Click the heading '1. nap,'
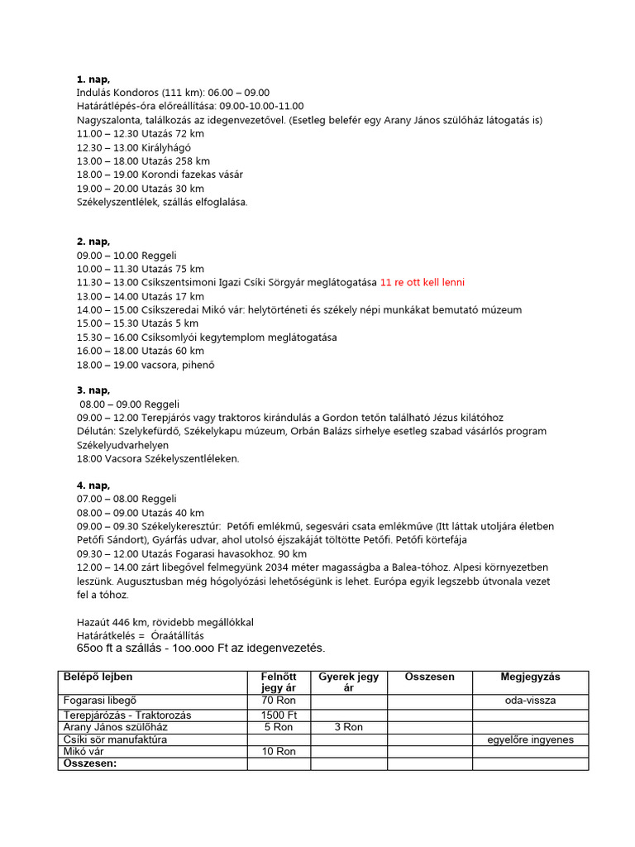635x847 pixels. click(x=93, y=79)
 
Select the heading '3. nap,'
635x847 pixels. click(x=93, y=390)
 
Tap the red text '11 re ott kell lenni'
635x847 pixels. click(x=422, y=283)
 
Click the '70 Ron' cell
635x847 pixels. click(x=278, y=701)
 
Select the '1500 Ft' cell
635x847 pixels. click(x=278, y=714)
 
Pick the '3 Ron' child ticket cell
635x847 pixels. click(x=348, y=727)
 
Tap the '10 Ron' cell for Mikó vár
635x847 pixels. click(x=278, y=751)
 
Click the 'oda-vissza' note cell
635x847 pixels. click(x=530, y=701)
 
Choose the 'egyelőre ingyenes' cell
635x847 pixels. click(x=530, y=739)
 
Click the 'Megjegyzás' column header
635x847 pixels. click(x=530, y=677)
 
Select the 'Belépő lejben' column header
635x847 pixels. click(x=98, y=677)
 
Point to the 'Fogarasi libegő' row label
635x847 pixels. click(x=101, y=701)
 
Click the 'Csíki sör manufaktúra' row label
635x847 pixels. click(x=115, y=739)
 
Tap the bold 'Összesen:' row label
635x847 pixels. click(x=90, y=763)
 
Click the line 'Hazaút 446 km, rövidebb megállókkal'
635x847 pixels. click(x=165, y=622)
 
